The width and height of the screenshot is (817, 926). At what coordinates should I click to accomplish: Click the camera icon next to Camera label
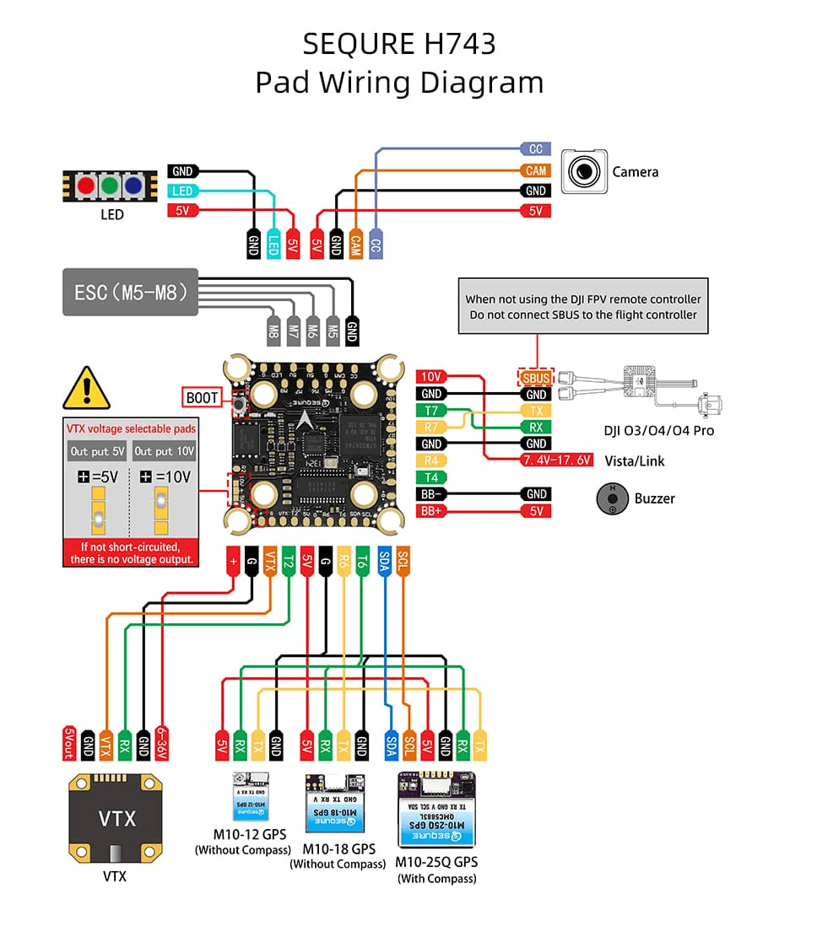pos(584,172)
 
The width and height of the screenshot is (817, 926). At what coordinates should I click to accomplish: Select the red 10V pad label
pos(430,377)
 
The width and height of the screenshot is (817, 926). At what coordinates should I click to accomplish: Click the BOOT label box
pos(202,396)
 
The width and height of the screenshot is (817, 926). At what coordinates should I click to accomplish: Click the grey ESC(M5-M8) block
pos(130,293)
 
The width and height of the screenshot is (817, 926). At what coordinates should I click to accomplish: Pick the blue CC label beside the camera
pos(536,149)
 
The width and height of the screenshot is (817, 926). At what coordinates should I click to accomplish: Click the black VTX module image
pos(115,818)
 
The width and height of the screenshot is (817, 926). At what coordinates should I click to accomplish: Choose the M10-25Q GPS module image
pos(436,810)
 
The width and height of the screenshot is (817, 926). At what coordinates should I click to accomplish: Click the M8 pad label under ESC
pos(273,328)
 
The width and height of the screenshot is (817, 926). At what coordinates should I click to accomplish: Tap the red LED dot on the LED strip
pos(85,186)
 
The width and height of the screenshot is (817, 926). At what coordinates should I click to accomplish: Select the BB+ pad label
pos(430,511)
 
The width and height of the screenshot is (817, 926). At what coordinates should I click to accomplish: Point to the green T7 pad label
pos(430,411)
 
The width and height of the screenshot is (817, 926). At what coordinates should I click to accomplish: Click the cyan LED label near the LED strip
pos(182,191)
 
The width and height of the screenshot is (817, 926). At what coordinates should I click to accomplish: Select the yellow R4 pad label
pos(430,460)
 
